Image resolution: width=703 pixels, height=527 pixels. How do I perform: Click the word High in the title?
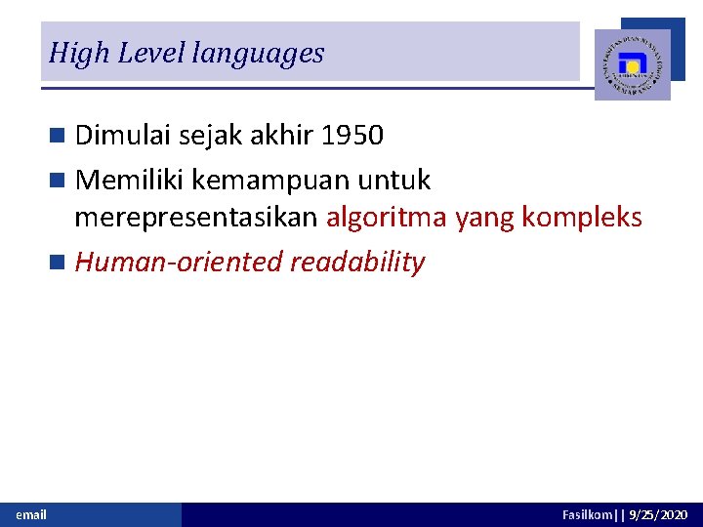click(x=78, y=53)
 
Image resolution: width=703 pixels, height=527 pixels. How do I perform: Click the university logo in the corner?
click(x=633, y=64)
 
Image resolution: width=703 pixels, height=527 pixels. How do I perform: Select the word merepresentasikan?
click(x=196, y=217)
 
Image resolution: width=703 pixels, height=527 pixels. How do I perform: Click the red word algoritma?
click(x=388, y=217)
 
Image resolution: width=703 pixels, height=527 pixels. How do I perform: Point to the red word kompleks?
click(x=582, y=217)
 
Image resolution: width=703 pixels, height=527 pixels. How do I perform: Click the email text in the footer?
click(x=31, y=514)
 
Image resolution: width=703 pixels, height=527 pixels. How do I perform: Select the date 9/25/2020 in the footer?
click(x=658, y=514)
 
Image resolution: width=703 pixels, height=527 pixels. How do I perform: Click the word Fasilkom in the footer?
click(x=586, y=514)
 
